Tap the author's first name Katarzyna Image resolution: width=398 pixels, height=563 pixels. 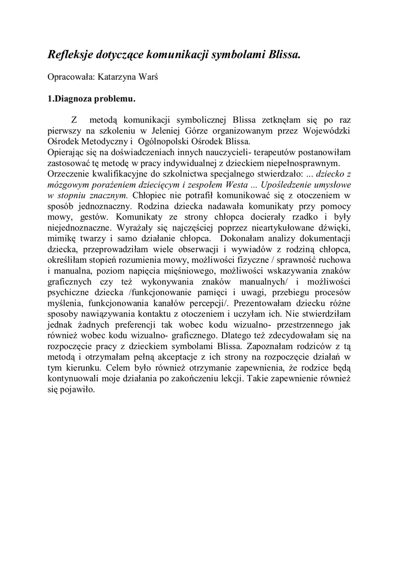(x=119, y=77)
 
